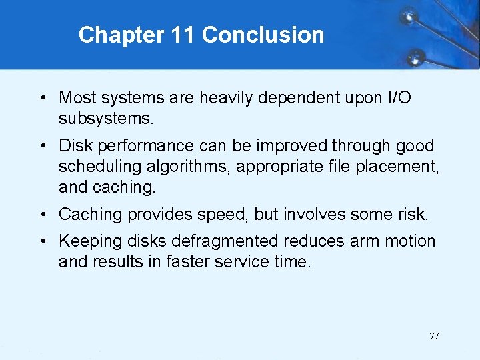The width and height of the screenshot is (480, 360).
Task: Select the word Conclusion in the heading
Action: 263,35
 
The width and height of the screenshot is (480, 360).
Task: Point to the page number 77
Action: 434,336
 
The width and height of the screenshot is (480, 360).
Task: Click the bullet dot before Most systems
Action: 42,98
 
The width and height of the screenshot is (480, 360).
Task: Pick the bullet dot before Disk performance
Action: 42,145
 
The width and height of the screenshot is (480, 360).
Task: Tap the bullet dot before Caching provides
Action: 42,215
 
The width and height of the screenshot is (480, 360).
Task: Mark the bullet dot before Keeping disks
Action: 42,241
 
